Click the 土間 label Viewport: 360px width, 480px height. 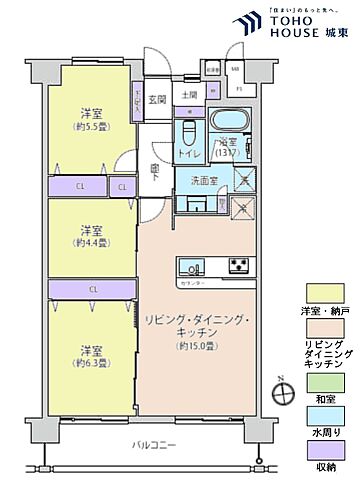click(190, 96)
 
